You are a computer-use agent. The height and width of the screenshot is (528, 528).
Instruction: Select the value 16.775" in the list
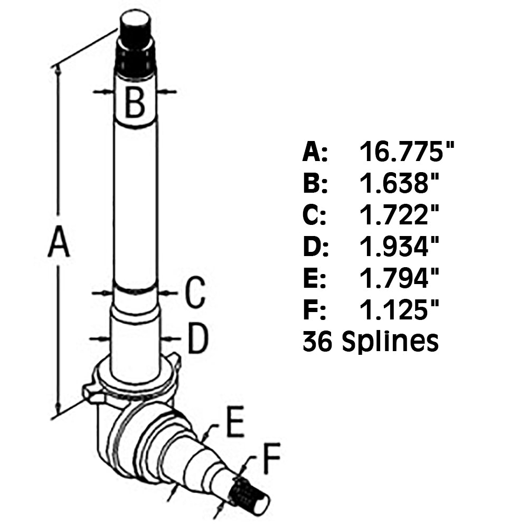coord(407,153)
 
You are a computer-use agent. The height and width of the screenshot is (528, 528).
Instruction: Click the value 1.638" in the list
coord(400,184)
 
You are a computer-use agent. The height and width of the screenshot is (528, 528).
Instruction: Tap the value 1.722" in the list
coord(400,215)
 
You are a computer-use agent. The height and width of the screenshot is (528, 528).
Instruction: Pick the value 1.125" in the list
coord(400,310)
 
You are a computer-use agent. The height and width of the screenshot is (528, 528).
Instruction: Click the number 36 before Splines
coord(317,342)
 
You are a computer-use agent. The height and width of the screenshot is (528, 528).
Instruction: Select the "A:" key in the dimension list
coord(315,153)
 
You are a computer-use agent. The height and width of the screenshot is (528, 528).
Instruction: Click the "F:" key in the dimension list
coord(314,310)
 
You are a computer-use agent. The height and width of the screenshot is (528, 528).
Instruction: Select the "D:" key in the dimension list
coord(315,247)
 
